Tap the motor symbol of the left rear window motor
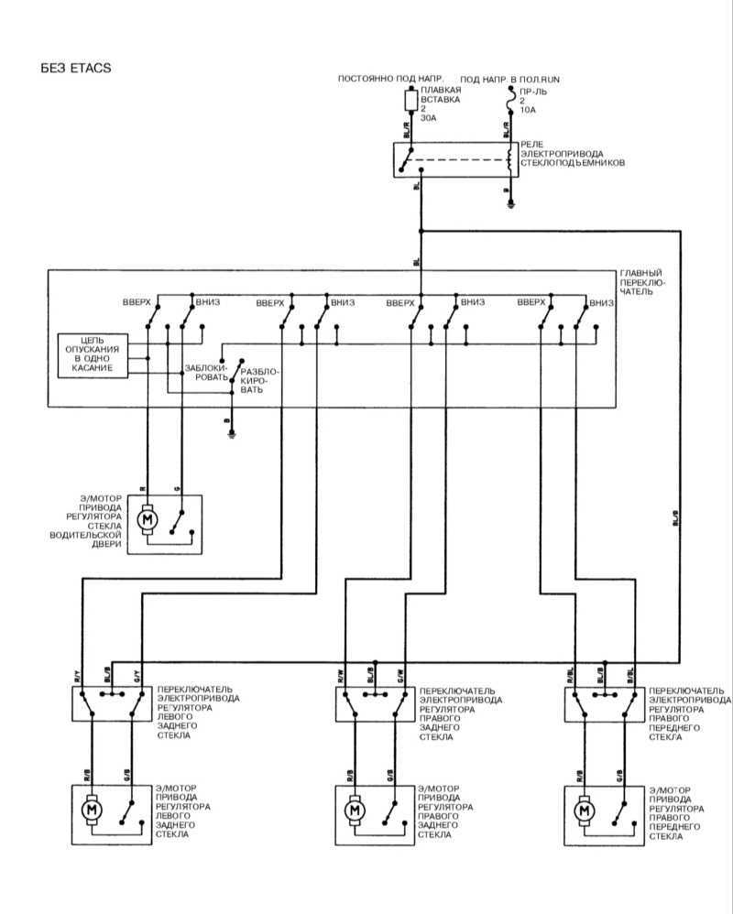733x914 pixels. click(92, 810)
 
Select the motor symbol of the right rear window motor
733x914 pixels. click(354, 811)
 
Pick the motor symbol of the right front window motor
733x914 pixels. click(584, 811)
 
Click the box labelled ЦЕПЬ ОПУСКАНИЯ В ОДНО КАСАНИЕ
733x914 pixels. click(92, 354)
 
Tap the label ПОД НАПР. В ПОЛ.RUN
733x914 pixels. click(509, 80)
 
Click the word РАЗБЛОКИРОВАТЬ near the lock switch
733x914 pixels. click(257, 380)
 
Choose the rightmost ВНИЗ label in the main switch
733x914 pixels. click(602, 302)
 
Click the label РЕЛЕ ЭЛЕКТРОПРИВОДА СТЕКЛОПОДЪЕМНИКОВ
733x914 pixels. click(572, 153)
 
